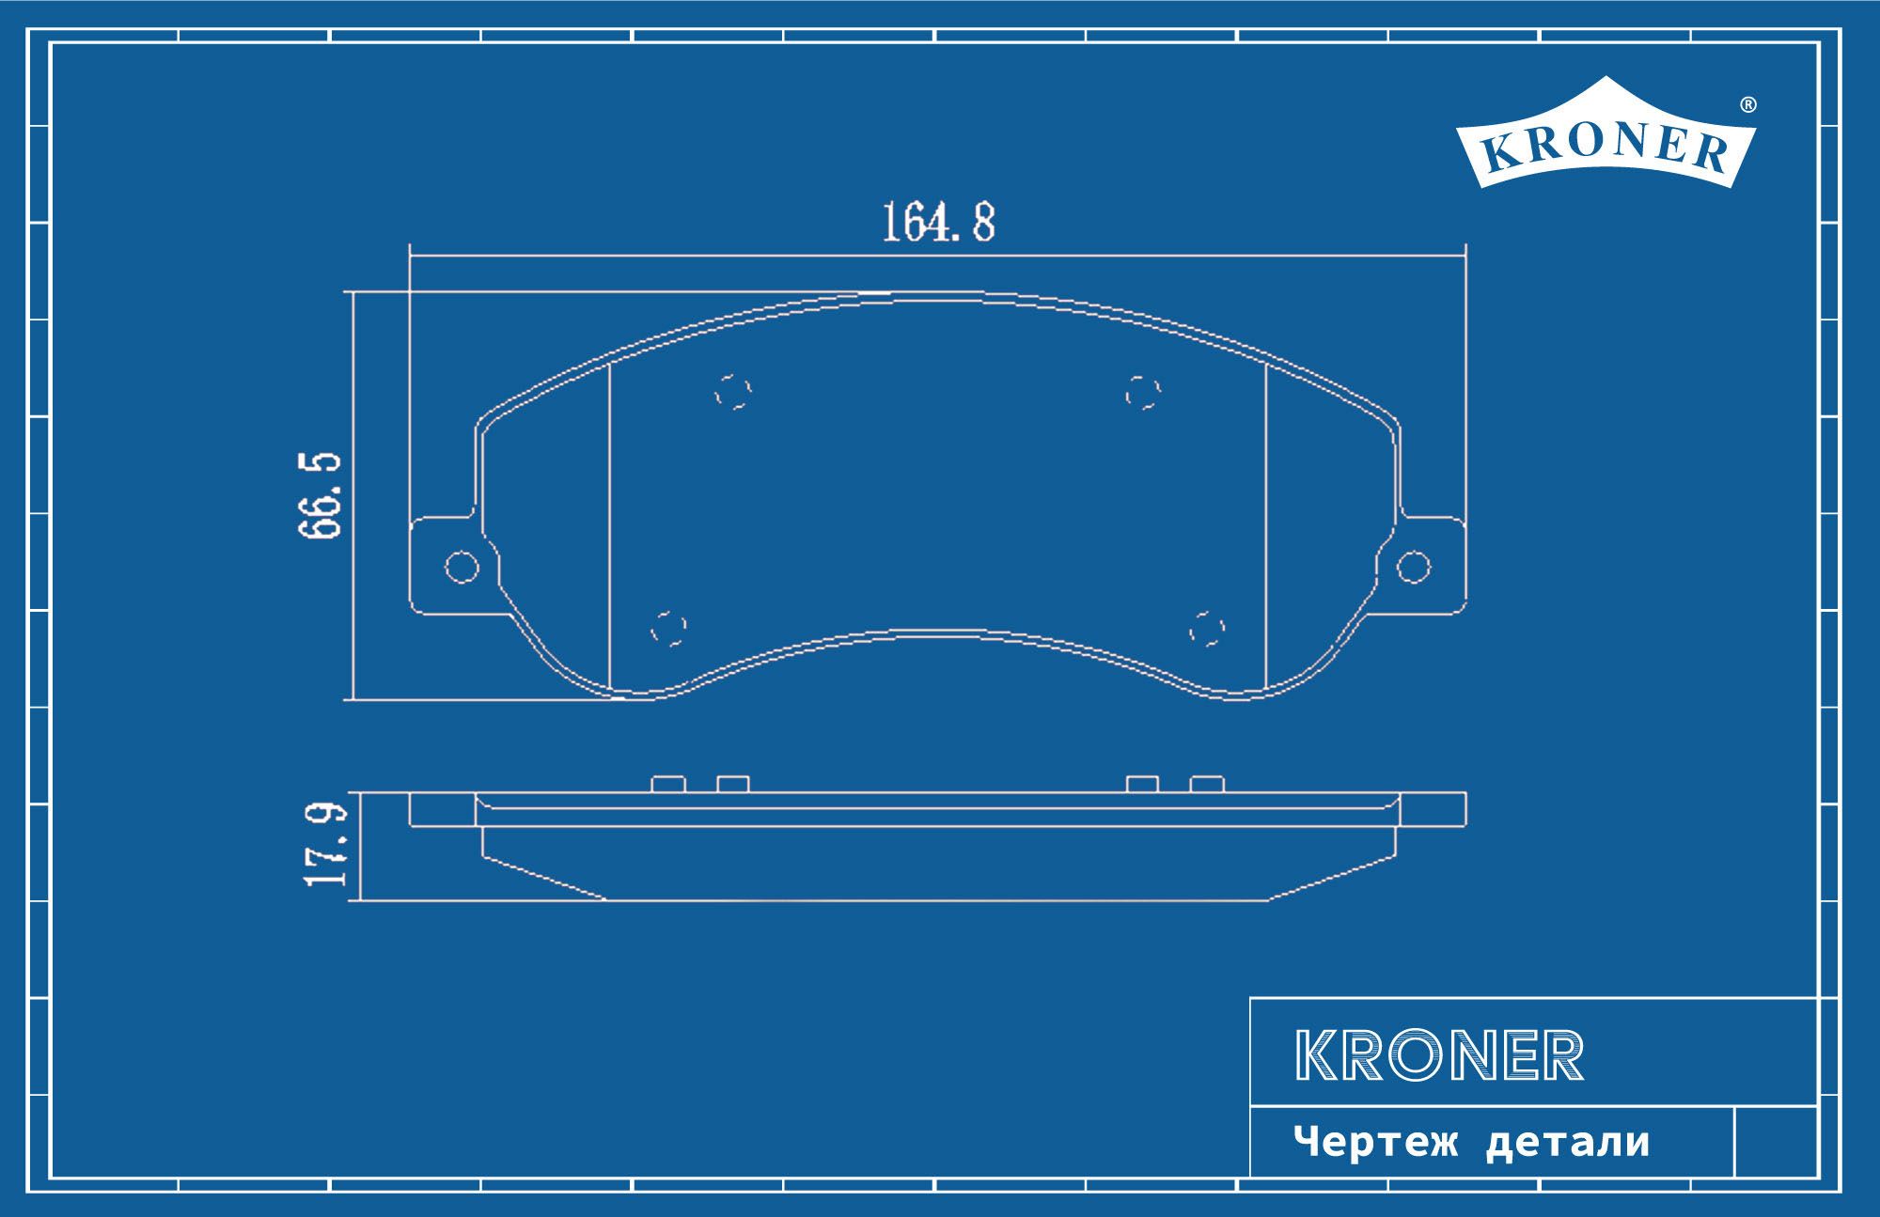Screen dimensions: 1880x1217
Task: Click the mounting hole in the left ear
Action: point(462,567)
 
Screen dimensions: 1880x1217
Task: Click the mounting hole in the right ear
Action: point(1414,567)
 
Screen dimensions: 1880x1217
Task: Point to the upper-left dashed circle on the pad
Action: point(733,391)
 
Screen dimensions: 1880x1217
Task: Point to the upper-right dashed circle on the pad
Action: point(1143,391)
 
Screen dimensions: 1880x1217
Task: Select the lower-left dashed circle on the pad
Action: point(669,628)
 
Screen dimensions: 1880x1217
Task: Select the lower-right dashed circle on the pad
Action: point(1207,628)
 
